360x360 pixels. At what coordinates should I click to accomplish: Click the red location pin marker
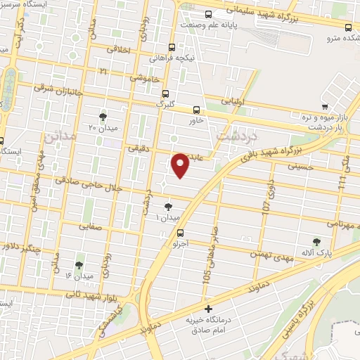pyautogui.click(x=181, y=166)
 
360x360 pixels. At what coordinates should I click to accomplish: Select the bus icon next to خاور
pyautogui.click(x=196, y=109)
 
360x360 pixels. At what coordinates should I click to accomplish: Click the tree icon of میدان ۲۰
pyautogui.click(x=104, y=115)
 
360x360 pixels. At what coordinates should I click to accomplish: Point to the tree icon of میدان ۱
pyautogui.click(x=168, y=207)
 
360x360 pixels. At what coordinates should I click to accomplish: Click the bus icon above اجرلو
pyautogui.click(x=181, y=233)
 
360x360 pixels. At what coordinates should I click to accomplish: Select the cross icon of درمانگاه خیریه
pyautogui.click(x=207, y=309)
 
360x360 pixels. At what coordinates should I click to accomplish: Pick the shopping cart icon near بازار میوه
pyautogui.click(x=324, y=107)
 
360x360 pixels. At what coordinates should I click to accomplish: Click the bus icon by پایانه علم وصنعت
pyautogui.click(x=208, y=13)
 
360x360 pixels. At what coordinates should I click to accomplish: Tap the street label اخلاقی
pyautogui.click(x=121, y=50)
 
